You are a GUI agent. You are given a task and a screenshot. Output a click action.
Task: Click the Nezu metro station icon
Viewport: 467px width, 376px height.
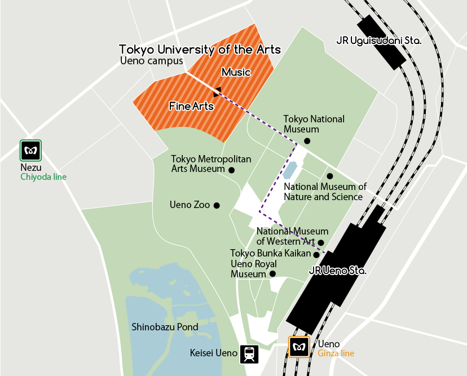30,151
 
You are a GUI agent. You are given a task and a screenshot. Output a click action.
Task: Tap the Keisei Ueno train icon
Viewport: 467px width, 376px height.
249,354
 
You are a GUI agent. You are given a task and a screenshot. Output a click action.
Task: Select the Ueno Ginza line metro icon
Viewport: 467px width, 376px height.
299,347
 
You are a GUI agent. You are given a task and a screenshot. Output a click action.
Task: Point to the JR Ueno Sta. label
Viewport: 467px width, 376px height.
338,271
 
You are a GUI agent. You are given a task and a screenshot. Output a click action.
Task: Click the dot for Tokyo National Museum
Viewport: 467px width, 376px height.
307,141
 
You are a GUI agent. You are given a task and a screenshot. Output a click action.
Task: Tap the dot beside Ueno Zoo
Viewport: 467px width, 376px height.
216,205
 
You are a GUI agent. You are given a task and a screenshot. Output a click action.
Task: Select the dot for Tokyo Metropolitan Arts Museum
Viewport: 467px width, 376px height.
231,169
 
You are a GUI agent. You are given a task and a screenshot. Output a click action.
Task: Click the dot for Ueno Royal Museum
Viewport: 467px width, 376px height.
272,274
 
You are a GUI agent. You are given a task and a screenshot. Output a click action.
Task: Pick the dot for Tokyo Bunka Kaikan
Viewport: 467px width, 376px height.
316,255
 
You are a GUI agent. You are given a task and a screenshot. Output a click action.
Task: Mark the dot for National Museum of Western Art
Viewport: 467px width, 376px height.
321,242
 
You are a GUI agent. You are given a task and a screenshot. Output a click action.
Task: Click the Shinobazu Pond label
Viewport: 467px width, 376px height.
165,327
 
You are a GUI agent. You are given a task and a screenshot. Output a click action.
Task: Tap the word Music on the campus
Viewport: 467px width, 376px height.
236,72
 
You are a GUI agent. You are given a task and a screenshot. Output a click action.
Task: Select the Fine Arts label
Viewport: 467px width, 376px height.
191,105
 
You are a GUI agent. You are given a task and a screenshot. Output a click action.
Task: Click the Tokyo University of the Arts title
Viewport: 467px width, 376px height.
200,50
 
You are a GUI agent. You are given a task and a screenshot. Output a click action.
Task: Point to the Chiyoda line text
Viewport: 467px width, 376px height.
43,177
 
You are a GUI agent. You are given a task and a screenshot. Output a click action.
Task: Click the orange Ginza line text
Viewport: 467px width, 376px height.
336,353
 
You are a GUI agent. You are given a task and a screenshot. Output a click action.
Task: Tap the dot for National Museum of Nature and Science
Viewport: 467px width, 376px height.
330,176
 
